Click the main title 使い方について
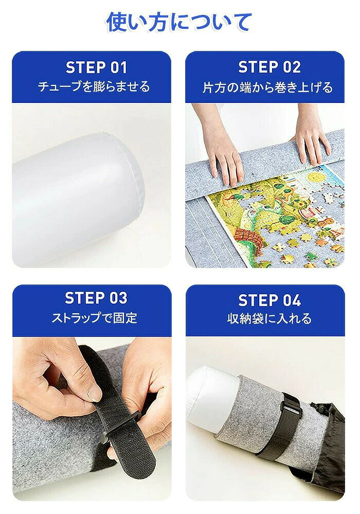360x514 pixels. point(179,22)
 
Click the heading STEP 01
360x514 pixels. point(96,67)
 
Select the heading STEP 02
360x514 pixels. point(269,67)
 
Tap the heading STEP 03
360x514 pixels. point(96,298)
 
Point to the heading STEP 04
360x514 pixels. point(269,300)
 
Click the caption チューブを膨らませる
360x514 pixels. point(94,87)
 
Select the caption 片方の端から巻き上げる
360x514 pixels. point(267,87)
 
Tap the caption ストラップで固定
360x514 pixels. point(94,318)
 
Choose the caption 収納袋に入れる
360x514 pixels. point(269,318)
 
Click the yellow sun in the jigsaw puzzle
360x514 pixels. point(316,178)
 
